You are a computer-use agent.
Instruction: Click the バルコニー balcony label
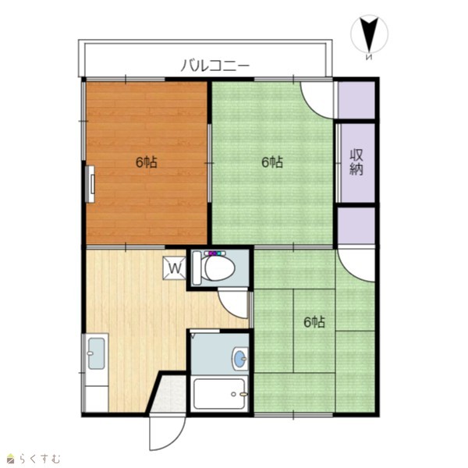[x=215, y=66]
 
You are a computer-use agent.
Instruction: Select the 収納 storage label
[x=356, y=162]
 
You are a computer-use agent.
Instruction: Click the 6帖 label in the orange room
[x=147, y=162]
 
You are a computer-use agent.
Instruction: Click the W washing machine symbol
[x=175, y=268]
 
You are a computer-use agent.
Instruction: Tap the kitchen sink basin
[x=96, y=353]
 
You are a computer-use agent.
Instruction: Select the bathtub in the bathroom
[x=219, y=394]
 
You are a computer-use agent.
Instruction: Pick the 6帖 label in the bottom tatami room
[x=314, y=322]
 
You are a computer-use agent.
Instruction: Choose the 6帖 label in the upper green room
[x=272, y=162]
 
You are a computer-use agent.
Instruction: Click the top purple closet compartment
[x=356, y=100]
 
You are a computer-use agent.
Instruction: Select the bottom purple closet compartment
[x=356, y=225]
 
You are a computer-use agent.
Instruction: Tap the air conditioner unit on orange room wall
[x=90, y=184]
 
